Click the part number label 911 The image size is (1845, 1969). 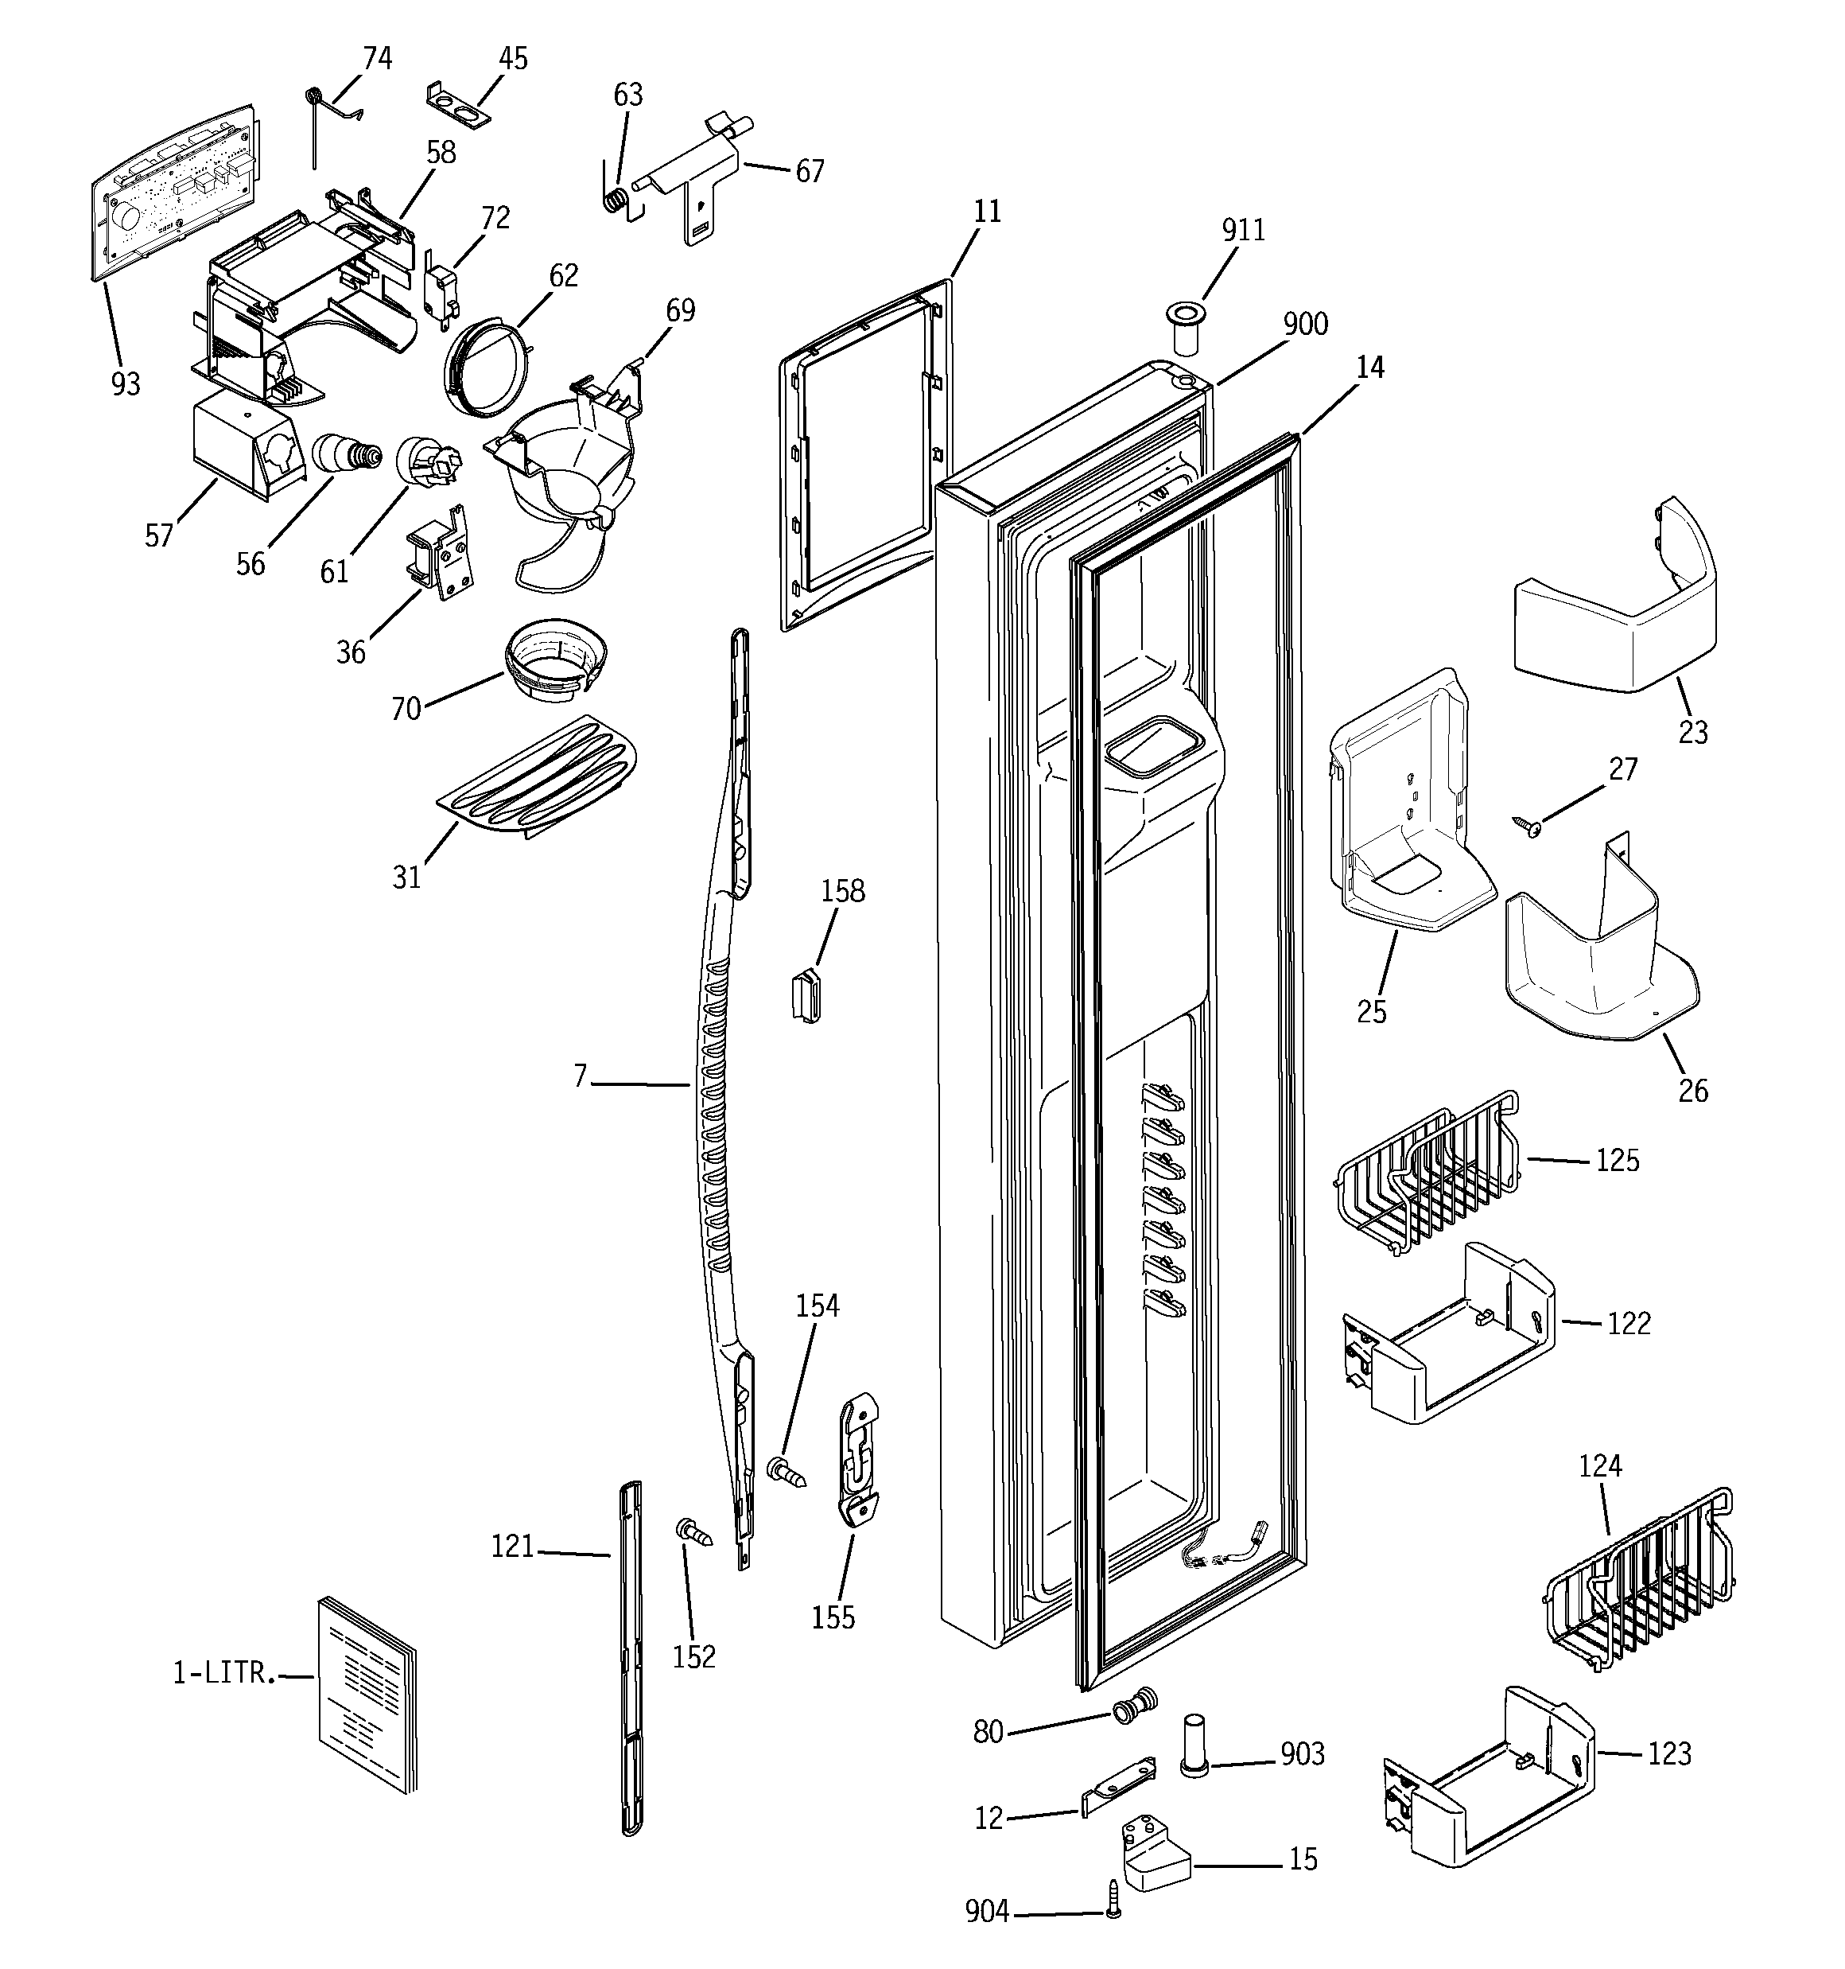click(1243, 230)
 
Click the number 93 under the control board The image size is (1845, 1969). click(126, 383)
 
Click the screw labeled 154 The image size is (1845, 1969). click(788, 1472)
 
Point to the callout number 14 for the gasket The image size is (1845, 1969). click(1369, 368)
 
